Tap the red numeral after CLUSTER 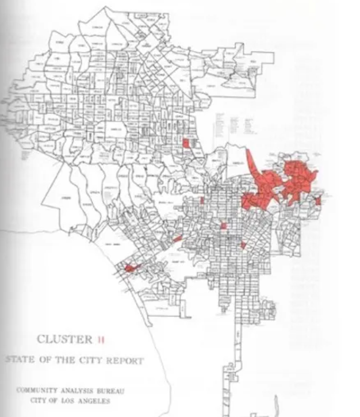(x=101, y=339)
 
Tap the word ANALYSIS (x=79, y=390)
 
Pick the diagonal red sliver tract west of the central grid (x=178, y=238)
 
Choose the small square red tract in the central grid (x=223, y=226)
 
